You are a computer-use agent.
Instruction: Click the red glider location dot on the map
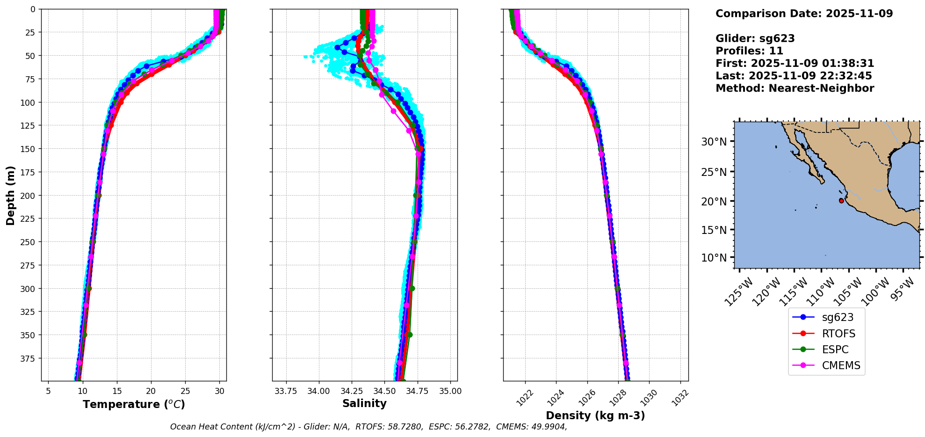point(841,201)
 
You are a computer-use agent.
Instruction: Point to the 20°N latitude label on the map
point(714,202)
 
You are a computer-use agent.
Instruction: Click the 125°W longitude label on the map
point(739,292)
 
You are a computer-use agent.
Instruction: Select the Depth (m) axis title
point(10,195)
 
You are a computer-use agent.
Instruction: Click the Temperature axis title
point(134,404)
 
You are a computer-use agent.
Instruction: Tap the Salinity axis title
point(364,403)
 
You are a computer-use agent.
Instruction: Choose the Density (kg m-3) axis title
point(595,415)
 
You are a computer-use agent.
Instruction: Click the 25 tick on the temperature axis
point(185,391)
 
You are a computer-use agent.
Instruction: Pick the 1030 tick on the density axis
point(649,397)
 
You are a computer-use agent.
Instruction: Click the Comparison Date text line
point(804,14)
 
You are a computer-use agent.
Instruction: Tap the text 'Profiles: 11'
point(749,51)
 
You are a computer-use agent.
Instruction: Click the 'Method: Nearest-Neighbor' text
point(795,88)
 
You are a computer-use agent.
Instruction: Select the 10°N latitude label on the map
point(714,258)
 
